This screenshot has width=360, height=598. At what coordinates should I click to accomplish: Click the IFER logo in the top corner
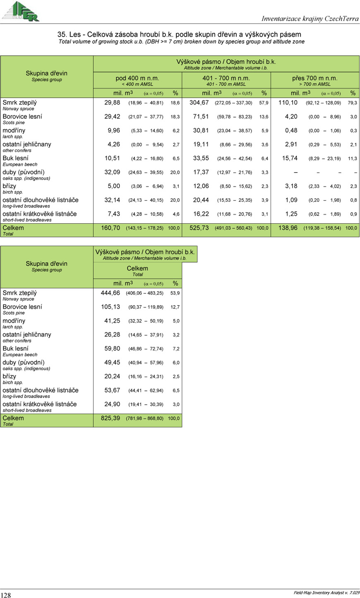20,11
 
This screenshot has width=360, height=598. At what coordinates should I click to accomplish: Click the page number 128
6,595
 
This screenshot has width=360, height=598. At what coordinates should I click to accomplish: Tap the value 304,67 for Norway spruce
199,103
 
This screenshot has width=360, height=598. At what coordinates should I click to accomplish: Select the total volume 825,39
110,418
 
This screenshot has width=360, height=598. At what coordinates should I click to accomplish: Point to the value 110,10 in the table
288,103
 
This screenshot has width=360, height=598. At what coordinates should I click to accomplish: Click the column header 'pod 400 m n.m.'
137,78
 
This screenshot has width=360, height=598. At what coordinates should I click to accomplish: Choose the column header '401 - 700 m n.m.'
226,78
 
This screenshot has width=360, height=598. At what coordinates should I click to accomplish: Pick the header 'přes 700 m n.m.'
315,78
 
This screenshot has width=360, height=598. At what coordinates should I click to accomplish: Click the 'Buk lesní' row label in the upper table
16,158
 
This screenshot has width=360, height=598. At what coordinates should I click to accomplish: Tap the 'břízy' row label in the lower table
10,376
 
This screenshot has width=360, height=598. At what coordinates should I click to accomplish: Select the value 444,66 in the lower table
110,293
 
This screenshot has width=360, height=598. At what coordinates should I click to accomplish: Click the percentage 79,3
353,103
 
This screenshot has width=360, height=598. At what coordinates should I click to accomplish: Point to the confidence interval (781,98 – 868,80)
144,419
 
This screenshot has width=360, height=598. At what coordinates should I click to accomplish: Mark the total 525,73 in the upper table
199,228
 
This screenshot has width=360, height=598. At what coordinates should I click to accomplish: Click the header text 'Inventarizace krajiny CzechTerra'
310,19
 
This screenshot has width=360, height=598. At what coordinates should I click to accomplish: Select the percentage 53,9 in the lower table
175,293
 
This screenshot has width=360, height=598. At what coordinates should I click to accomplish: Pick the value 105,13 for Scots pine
110,307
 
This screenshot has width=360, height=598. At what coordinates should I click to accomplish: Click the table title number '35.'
62,34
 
